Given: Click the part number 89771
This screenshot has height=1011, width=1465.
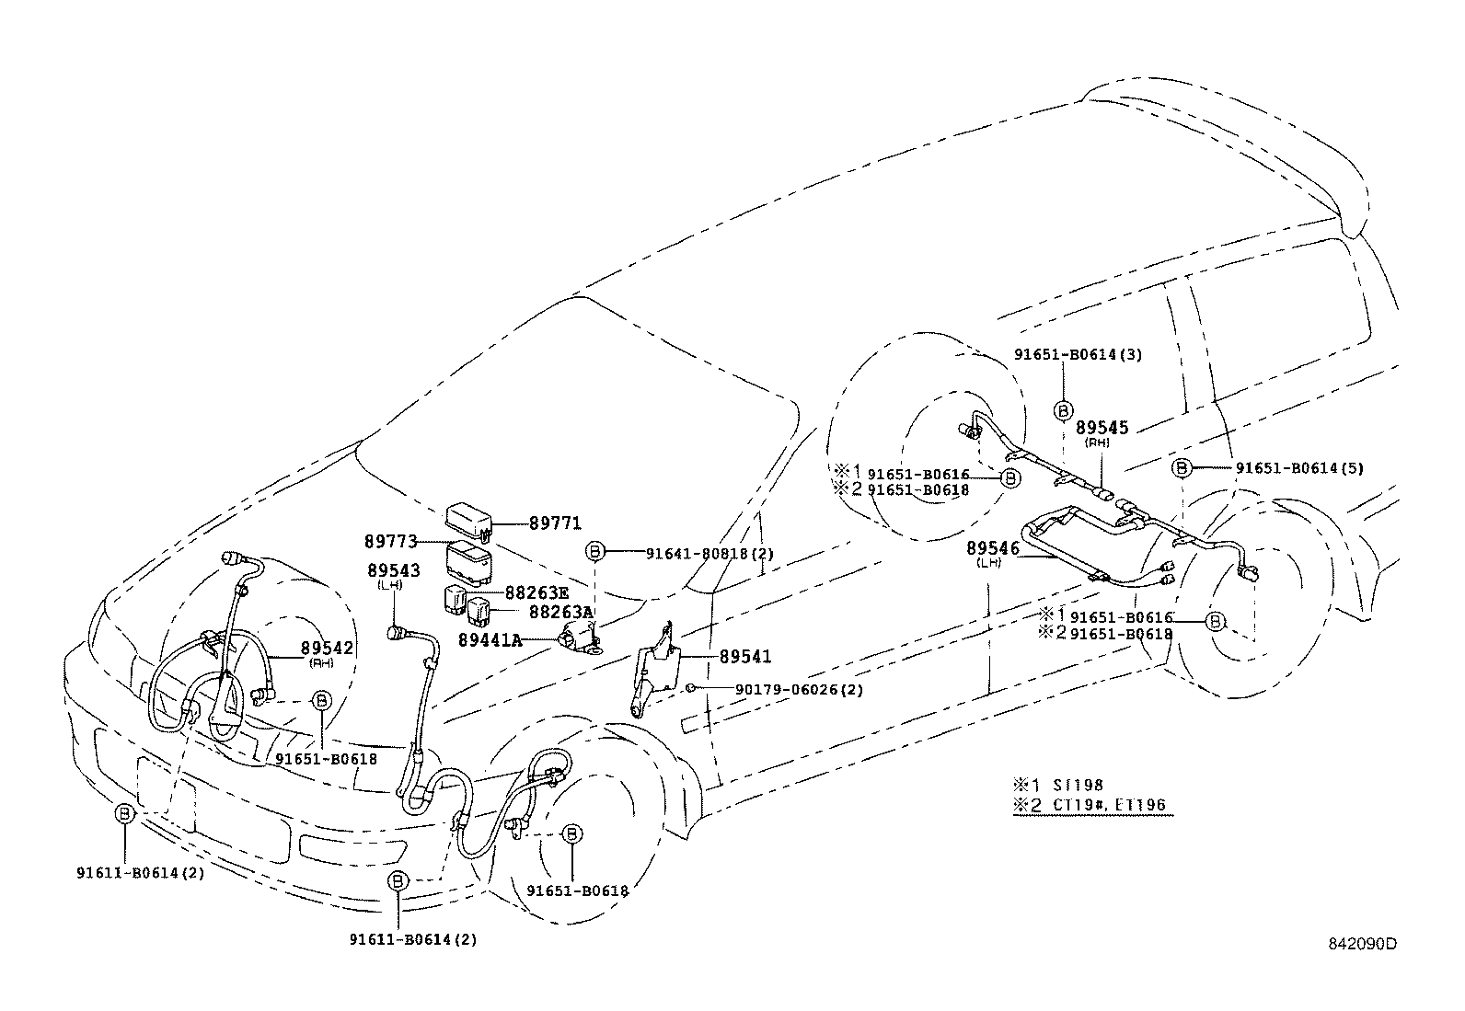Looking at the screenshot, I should pos(555,523).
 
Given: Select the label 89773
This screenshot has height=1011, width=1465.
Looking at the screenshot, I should pos(391,542).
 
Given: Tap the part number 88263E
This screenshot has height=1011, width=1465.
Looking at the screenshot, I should pos(536,593).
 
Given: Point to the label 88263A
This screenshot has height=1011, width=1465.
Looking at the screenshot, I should pos(561,611).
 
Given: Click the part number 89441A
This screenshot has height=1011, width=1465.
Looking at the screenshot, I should pos(490,639).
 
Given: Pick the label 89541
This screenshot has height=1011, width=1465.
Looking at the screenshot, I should pos(744,657).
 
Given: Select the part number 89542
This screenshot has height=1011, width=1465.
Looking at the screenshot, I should pos(328,648).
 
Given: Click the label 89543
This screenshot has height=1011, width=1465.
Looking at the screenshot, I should pos(393,570).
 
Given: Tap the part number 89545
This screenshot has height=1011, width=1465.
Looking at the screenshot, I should pos(1102,428).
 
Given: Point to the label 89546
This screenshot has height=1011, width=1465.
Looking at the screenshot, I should pos(993,548).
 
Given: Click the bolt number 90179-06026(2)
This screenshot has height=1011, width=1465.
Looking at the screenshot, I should pos(786,690).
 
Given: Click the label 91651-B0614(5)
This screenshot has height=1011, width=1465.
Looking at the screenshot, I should pos(1298,467).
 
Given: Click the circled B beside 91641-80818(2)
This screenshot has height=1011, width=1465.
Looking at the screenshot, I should pos(595,552).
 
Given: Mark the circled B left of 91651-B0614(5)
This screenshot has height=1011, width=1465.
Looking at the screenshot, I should pos(1182,467).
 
